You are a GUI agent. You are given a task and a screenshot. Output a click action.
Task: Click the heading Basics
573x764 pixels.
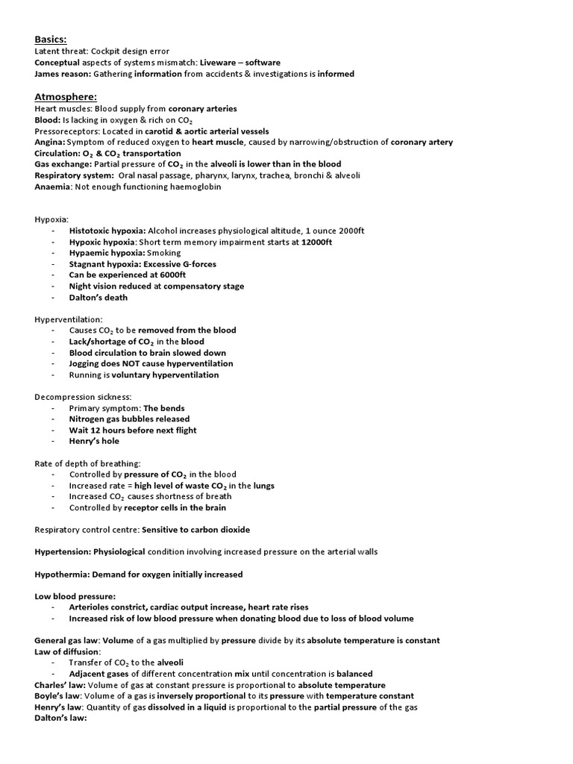tap(51, 39)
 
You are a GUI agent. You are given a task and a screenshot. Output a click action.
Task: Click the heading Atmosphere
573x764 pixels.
tap(65, 96)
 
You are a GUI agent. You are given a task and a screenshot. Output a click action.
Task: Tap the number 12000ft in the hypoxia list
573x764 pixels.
tap(317, 242)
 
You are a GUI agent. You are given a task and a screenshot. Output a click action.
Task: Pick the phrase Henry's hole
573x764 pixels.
tap(94, 441)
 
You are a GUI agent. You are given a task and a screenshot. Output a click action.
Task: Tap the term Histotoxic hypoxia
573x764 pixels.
tap(107, 231)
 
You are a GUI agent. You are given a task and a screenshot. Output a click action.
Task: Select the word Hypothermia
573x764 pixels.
tap(62, 574)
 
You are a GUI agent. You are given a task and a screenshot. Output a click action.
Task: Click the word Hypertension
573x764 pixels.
tap(63, 552)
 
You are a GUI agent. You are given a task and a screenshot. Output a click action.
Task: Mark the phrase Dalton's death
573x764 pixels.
tap(98, 297)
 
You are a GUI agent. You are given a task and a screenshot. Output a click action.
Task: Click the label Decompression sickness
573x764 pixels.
tap(83, 397)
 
